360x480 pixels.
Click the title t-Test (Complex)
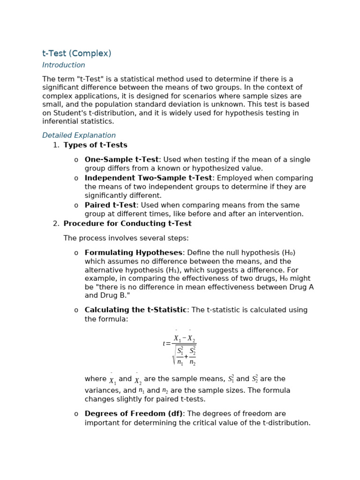77,53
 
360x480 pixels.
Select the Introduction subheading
64,65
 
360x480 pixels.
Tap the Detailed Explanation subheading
79,135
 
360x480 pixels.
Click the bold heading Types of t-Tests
95,145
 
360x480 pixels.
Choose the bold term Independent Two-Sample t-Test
148,178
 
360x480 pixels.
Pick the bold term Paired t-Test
110,205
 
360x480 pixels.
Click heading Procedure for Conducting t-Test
127,224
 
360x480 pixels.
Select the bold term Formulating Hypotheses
133,253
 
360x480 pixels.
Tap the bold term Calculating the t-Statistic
135,310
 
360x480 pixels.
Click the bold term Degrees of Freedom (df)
133,414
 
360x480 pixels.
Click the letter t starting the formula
164,344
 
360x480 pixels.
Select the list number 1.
56,145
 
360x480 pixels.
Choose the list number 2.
56,224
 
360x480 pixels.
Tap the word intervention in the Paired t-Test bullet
282,214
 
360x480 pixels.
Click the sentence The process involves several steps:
126,238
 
